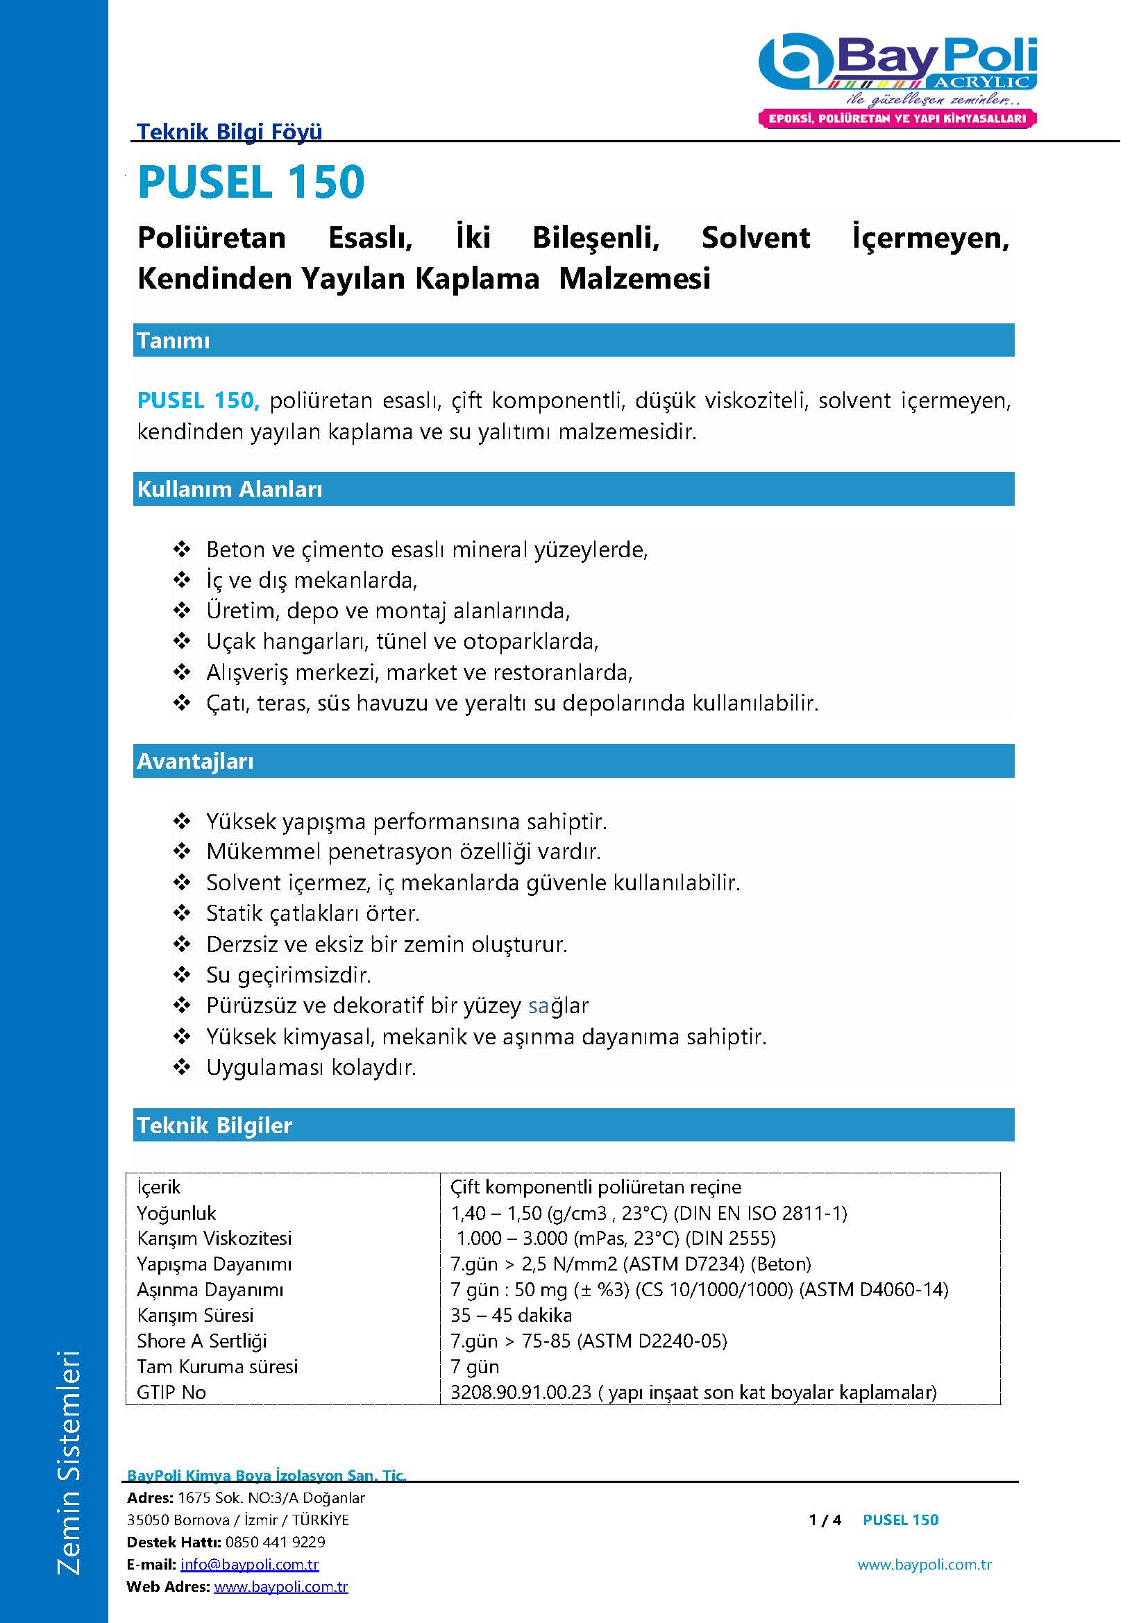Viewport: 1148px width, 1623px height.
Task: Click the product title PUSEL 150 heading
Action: pos(251,182)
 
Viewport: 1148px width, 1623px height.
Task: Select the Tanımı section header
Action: pos(174,341)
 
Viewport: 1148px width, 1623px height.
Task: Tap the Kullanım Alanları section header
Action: pos(230,489)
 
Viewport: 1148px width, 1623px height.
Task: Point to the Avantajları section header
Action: pos(195,761)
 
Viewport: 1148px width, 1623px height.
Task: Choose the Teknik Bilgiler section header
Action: pos(214,1125)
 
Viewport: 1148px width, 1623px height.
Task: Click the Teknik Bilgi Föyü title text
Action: pos(229,131)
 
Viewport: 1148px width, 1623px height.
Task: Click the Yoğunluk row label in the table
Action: pos(177,1213)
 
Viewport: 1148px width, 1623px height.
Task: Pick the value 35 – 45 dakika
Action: pos(511,1315)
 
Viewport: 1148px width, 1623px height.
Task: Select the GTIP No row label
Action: pos(171,1392)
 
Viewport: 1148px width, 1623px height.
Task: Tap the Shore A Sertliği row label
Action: pos(202,1341)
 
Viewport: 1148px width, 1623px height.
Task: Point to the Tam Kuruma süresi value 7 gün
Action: pos(475,1366)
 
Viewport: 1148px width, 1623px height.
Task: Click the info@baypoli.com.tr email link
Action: pos(250,1564)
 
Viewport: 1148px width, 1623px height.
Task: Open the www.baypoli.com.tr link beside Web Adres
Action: pos(280,1587)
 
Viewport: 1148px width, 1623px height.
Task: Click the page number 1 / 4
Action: pos(825,1520)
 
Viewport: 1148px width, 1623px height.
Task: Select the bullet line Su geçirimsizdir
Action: pos(289,975)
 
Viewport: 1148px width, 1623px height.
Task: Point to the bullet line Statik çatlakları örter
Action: pos(312,913)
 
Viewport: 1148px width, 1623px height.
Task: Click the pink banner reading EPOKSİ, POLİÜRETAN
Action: pos(896,119)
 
